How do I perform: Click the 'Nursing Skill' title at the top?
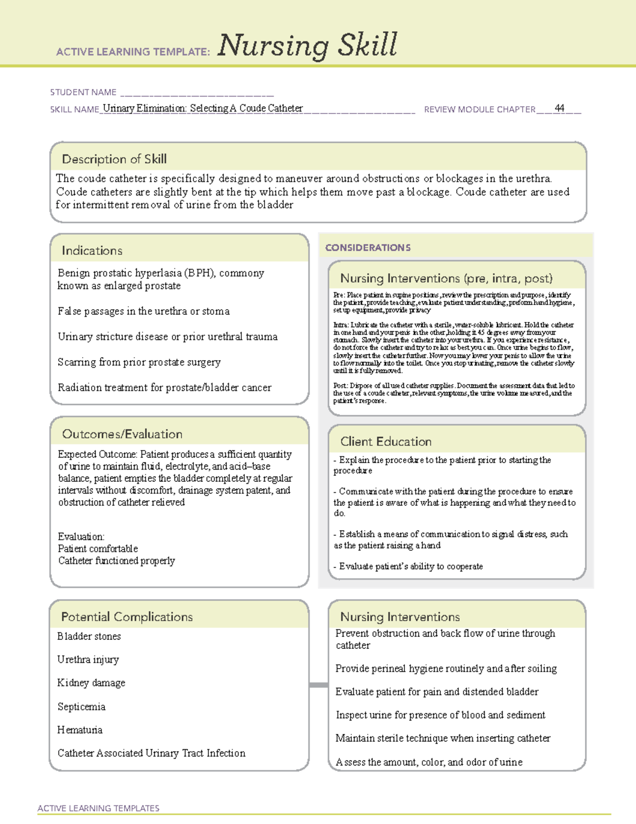point(307,45)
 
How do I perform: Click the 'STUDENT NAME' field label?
point(83,92)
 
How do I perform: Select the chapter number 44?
point(559,108)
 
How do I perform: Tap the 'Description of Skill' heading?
point(114,159)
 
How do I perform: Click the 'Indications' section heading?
point(92,250)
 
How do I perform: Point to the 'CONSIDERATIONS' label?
point(368,248)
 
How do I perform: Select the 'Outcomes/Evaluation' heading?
point(122,434)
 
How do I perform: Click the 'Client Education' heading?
point(385,441)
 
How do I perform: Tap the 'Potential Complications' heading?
point(127,617)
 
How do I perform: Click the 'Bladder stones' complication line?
point(89,636)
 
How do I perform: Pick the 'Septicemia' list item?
point(81,707)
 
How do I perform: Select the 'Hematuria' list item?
point(80,730)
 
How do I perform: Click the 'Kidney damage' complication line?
point(91,683)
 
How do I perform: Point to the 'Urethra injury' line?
point(88,660)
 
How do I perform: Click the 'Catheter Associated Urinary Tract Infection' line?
point(152,753)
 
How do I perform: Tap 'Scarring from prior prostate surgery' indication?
point(139,362)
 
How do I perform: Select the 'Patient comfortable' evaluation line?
point(98,549)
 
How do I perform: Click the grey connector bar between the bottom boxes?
point(318,685)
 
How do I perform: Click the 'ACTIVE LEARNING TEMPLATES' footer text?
point(99,808)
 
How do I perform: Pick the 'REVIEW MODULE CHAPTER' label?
point(479,109)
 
